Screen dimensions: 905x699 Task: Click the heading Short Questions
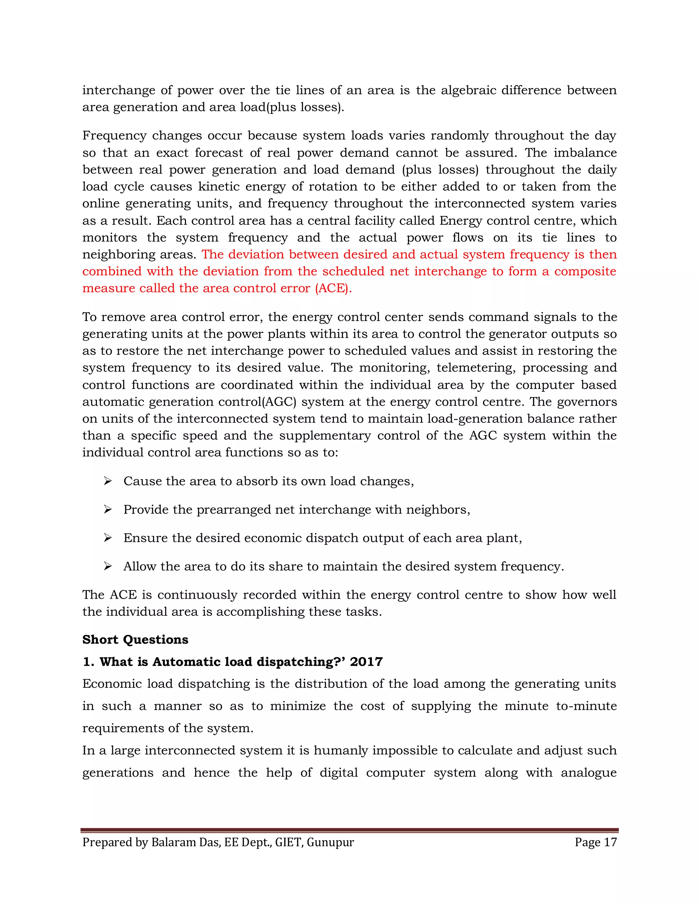[135, 639]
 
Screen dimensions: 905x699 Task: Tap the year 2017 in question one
[366, 662]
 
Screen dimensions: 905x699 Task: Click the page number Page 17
[596, 842]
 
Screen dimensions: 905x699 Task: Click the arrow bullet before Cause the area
[108, 481]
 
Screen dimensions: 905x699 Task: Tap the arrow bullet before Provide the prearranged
[108, 509]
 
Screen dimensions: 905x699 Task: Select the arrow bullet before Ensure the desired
[108, 538]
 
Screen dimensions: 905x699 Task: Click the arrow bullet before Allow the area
[108, 566]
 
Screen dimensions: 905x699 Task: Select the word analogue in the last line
[588, 773]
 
